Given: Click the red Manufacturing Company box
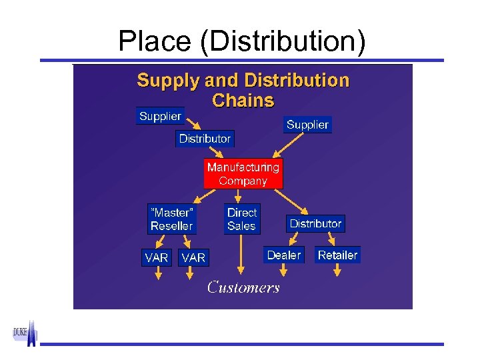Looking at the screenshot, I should point(243,173).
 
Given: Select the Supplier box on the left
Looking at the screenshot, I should point(160,117).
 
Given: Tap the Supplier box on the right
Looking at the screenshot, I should point(307,125).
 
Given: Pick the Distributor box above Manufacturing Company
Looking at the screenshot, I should point(205,139).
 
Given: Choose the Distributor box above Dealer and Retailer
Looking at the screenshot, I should point(315,224).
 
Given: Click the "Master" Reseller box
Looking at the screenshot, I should point(171,219).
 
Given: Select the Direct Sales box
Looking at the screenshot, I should point(241,219).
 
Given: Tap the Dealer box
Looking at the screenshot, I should point(283,255).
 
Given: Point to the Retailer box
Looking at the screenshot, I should point(337,255).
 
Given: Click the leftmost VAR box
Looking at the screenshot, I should point(157,257).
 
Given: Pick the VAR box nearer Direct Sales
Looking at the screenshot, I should point(193,257).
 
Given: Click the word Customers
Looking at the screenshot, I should point(243,287).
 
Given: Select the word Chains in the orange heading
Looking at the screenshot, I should point(243,101).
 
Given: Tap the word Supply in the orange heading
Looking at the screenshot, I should point(168,81).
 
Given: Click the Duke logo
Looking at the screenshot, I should point(25,333).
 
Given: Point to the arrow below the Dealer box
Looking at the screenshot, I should point(283,270).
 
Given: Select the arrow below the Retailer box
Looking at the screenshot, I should point(337,270).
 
